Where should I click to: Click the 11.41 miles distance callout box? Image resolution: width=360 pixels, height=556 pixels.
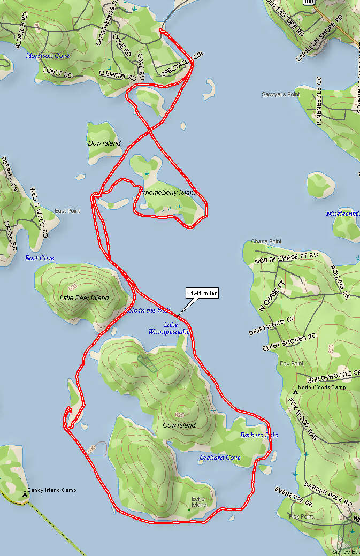(x=202, y=293)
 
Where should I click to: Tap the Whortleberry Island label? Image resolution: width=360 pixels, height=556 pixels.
(x=168, y=193)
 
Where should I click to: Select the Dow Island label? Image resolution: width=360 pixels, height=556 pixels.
(x=104, y=143)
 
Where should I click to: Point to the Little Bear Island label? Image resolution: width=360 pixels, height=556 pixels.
(x=85, y=298)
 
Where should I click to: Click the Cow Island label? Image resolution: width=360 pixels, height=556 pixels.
(x=179, y=425)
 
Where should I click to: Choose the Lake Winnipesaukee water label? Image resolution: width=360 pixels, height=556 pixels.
(x=170, y=328)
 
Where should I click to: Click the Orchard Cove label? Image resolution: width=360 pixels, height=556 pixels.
(x=220, y=458)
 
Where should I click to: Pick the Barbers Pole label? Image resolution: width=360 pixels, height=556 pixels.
(x=259, y=435)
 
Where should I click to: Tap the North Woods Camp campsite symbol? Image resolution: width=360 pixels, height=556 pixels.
(x=295, y=392)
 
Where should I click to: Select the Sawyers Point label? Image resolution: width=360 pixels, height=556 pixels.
(x=281, y=94)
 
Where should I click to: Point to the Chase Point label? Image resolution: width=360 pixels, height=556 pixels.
(x=266, y=242)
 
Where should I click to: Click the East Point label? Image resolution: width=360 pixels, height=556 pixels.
(x=67, y=211)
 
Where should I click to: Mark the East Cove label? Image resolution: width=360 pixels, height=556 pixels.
(x=40, y=258)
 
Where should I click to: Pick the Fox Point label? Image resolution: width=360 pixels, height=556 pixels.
(x=292, y=363)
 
